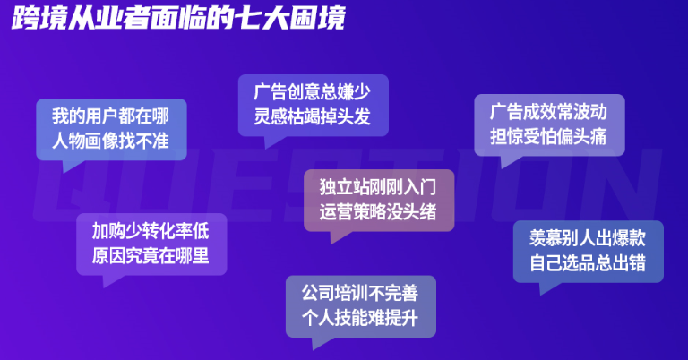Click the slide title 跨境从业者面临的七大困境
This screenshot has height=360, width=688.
pos(178,18)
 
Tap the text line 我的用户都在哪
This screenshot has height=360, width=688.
pos(110,116)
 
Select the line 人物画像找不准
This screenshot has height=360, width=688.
pos(110,141)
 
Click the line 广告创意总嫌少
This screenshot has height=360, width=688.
pos(313,92)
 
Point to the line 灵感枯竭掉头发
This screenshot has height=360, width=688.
pos(313,116)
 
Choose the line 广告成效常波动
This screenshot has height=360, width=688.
pos(548,112)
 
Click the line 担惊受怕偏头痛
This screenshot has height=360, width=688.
pos(548,136)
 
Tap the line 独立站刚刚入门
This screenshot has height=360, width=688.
pos(378,187)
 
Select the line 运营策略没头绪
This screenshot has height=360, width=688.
pos(378,211)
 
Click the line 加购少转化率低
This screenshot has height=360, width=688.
pos(150,231)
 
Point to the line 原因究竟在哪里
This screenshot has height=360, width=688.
pos(150,255)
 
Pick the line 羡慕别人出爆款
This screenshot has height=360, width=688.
pos(588,238)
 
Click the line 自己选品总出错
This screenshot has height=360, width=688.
pos(588,263)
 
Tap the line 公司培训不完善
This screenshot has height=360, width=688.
pos(360,293)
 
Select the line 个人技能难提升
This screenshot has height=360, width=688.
pos(360,318)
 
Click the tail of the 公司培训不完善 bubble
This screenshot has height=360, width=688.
pos(320,342)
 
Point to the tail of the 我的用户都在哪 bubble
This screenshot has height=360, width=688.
pos(70,165)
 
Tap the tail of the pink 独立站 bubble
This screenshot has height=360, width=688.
pos(338,236)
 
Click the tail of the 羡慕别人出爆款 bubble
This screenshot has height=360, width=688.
pos(547,287)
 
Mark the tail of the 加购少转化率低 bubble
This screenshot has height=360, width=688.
pos(110,280)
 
